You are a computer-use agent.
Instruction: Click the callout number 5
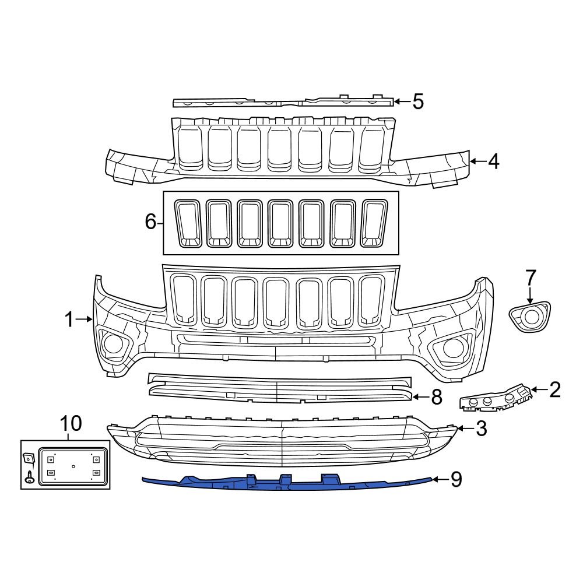pyautogui.click(x=417, y=101)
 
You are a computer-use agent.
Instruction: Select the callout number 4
pyautogui.click(x=493, y=161)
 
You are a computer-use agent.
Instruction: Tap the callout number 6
pyautogui.click(x=150, y=222)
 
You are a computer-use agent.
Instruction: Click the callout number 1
pyautogui.click(x=69, y=319)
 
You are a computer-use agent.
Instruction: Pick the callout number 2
pyautogui.click(x=554, y=389)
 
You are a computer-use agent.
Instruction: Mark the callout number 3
pyautogui.click(x=480, y=429)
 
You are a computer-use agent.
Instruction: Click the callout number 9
pyautogui.click(x=455, y=479)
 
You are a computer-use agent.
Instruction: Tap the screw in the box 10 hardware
pyautogui.click(x=29, y=479)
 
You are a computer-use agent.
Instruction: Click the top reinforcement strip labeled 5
pyautogui.click(x=283, y=103)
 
